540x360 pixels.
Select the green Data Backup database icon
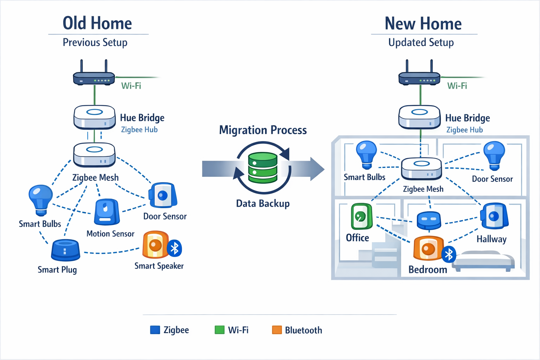click(263, 168)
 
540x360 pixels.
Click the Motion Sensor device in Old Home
click(107, 212)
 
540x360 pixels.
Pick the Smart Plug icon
click(65, 250)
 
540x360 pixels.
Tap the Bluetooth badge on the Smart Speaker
click(174, 248)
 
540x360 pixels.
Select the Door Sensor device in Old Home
click(162, 195)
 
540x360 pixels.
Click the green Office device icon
click(361, 216)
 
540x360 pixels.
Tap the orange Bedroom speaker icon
click(428, 248)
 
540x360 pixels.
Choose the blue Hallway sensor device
click(495, 216)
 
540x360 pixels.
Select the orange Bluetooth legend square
click(277, 330)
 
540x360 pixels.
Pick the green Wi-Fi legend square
click(220, 330)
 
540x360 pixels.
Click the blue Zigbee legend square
click(155, 330)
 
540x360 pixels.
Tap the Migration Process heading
click(263, 130)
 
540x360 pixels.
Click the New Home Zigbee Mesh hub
click(422, 168)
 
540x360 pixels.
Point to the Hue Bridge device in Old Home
click(94, 117)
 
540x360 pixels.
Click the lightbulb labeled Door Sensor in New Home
click(494, 155)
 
